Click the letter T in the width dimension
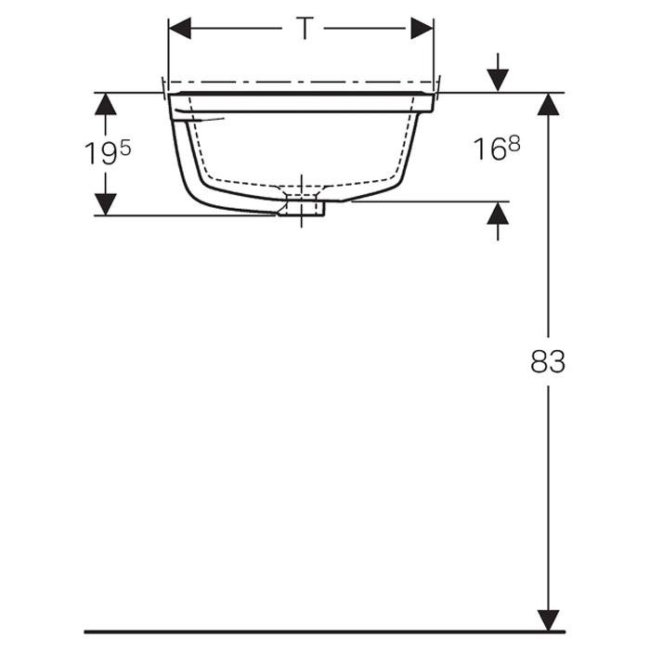(304, 29)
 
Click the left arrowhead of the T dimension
(179, 29)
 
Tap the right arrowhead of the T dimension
(422, 29)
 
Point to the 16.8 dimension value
(497, 148)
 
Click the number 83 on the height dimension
(548, 362)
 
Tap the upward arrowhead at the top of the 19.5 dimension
(106, 102)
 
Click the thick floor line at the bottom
(325, 631)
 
